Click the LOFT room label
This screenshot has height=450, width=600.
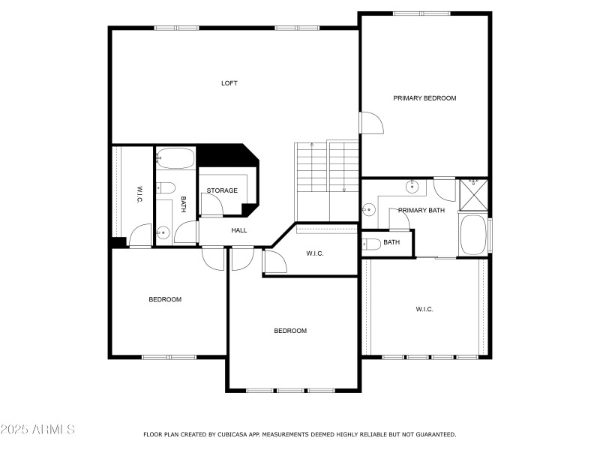pyautogui.click(x=229, y=83)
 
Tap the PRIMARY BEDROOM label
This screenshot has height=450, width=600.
pyautogui.click(x=424, y=98)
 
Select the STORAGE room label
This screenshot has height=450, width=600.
pyautogui.click(x=222, y=190)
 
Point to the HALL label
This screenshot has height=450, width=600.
pyautogui.click(x=238, y=230)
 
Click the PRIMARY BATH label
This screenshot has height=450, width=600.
pyautogui.click(x=421, y=211)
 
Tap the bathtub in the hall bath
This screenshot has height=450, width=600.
pyautogui.click(x=175, y=158)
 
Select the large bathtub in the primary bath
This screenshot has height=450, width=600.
pyautogui.click(x=473, y=235)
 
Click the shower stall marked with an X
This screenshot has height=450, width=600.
pyautogui.click(x=474, y=195)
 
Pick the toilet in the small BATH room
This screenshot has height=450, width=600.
pyautogui.click(x=371, y=244)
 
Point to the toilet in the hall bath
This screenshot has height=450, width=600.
pyautogui.click(x=166, y=188)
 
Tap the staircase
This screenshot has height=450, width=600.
pyautogui.click(x=326, y=181)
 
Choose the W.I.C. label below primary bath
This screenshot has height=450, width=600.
pyautogui.click(x=424, y=309)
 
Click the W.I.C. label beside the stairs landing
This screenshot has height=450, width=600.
pyautogui.click(x=315, y=253)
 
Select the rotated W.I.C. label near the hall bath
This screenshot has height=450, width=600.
pyautogui.click(x=139, y=195)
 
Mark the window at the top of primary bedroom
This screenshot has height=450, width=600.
pyautogui.click(x=421, y=13)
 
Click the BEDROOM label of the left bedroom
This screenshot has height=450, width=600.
pyautogui.click(x=165, y=299)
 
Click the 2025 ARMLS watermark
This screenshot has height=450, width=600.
pyautogui.click(x=37, y=429)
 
